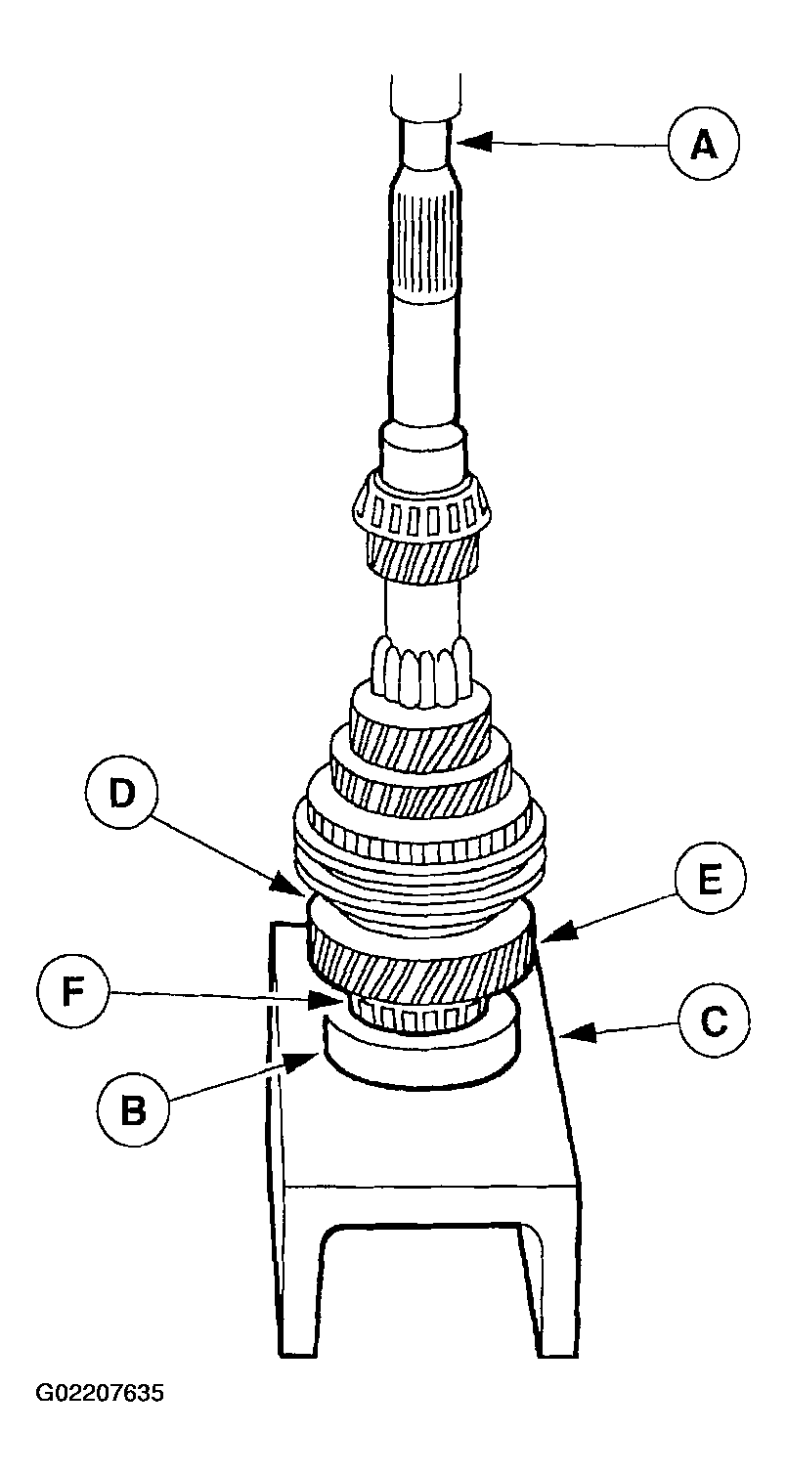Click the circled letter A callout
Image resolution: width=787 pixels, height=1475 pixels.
pos(703,146)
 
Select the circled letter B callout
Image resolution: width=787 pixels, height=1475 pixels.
pos(133,1109)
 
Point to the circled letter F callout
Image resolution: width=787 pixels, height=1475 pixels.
pos(72,992)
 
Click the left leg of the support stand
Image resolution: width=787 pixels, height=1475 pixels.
pos(298,1290)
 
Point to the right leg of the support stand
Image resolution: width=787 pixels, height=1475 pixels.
pos(555,1290)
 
